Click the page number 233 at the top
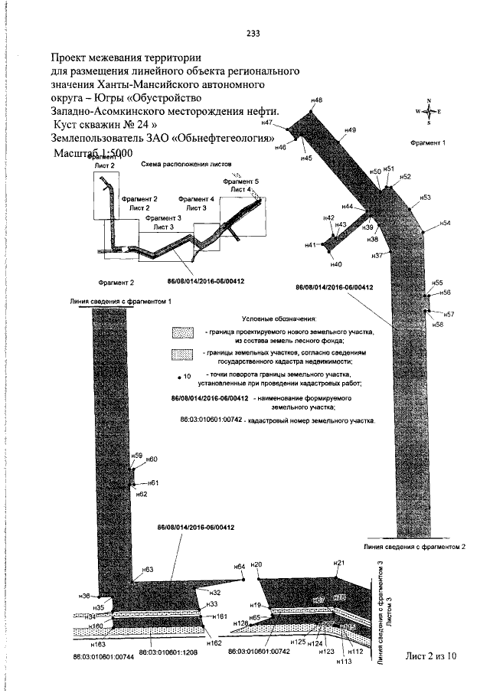tap(253, 33)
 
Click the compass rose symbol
tap(429, 112)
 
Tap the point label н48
tap(317, 100)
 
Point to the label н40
tap(335, 264)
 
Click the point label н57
tap(449, 314)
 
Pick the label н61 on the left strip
tap(152, 483)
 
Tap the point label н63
tap(147, 570)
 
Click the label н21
tap(339, 563)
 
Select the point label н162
tap(214, 643)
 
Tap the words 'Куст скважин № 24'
tap(103, 123)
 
